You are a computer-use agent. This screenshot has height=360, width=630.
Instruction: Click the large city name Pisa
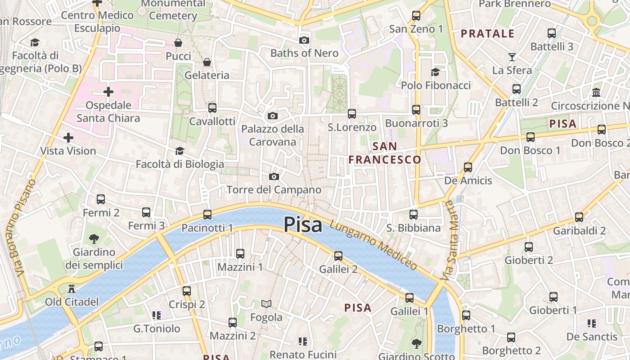click(303, 225)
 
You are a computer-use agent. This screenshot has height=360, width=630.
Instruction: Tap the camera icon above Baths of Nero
click(304, 40)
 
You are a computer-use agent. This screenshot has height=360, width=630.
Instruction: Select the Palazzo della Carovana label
click(273, 135)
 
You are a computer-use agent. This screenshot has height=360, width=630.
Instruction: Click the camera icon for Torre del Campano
click(274, 177)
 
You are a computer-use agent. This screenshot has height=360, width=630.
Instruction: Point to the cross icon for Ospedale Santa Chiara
click(108, 92)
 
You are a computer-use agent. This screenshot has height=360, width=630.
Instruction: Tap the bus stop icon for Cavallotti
click(212, 108)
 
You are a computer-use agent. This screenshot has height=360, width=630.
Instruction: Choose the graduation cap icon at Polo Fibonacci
click(435, 72)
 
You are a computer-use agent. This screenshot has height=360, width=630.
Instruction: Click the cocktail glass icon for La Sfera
click(512, 57)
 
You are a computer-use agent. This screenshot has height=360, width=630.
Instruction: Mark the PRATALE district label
click(487, 34)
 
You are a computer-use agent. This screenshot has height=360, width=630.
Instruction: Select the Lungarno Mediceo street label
click(373, 245)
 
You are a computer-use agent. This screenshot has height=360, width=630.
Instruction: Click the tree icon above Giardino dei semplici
click(94, 238)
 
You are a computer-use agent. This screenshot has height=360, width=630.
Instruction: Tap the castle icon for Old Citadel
click(71, 288)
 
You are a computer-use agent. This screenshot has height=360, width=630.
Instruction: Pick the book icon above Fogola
click(266, 304)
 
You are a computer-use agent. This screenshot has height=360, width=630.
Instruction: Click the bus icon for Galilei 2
click(338, 256)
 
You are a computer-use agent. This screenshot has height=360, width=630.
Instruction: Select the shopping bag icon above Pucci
click(178, 43)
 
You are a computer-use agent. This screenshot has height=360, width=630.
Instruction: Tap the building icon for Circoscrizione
click(597, 92)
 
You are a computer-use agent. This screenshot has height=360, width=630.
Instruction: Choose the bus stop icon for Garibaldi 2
click(579, 217)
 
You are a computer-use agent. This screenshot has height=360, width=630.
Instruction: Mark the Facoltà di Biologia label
click(180, 164)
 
